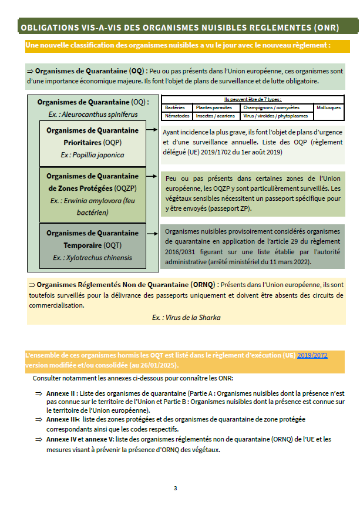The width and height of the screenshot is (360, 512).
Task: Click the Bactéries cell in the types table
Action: [175, 108]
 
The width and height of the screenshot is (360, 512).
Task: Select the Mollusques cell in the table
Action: [328, 108]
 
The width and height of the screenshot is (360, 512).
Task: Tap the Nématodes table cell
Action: [176, 116]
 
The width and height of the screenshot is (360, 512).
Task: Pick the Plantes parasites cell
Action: [214, 108]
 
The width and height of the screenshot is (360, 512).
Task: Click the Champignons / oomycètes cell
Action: [271, 108]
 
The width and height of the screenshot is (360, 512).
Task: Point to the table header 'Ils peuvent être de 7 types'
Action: [253, 100]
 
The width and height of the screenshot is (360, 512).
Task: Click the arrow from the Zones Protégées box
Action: [153, 176]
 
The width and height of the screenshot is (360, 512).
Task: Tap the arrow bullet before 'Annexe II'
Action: [38, 393]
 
